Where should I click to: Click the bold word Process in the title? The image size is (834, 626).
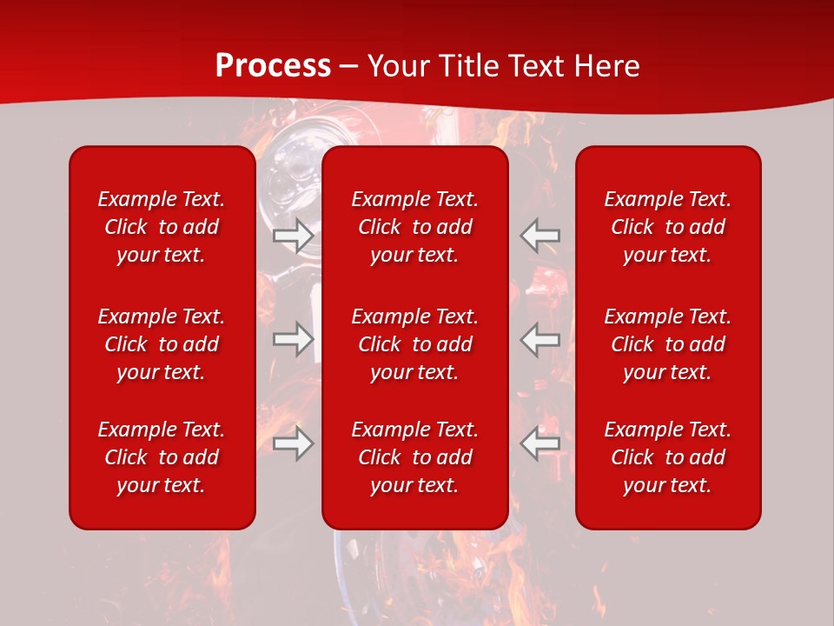pos(273,66)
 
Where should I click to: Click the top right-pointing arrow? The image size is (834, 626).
pos(293,236)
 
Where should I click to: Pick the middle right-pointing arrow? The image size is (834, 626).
pos(293,339)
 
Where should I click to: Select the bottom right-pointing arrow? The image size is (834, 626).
pos(293,443)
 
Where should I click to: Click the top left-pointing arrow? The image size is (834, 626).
pos(540,236)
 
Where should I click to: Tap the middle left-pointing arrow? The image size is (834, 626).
pos(540,339)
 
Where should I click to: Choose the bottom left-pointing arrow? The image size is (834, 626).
pos(540,443)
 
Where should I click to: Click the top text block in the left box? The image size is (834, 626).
pos(162,227)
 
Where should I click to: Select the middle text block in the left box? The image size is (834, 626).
pos(162,344)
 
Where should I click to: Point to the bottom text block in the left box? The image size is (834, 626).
pos(162,457)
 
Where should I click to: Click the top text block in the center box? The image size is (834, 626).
pos(415,227)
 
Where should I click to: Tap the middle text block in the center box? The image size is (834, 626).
pos(415,344)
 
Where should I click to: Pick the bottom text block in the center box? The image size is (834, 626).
pos(415,457)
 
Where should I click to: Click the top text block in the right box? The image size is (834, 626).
pos(668,227)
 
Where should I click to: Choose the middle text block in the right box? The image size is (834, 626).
pos(668,344)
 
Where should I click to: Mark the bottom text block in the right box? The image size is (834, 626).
pos(668,457)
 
